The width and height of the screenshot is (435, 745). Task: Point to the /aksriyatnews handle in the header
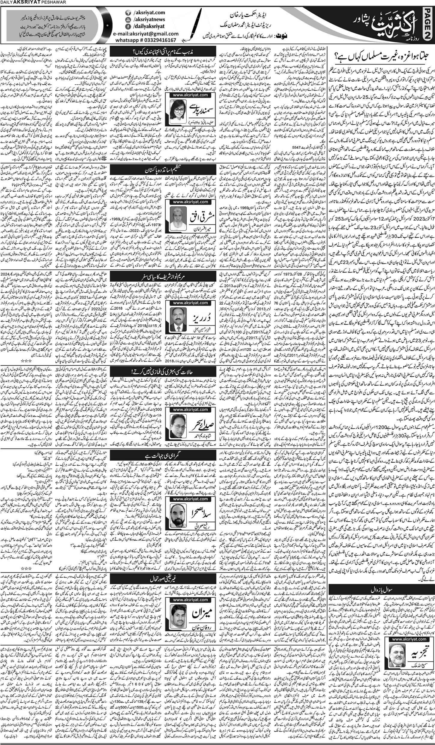coord(150,20)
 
